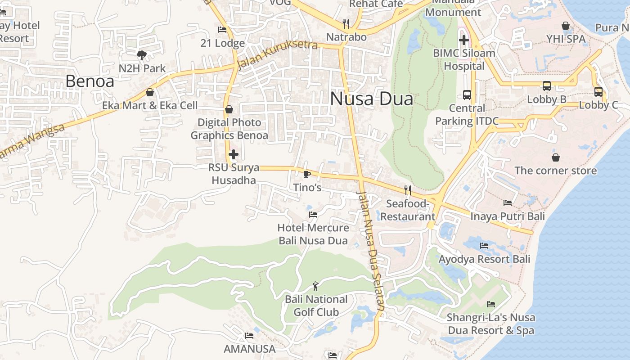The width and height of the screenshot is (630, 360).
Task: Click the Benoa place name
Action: [x=90, y=81]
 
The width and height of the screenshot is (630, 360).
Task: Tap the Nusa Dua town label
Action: [x=371, y=99]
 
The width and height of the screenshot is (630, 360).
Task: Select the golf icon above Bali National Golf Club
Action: [x=315, y=286]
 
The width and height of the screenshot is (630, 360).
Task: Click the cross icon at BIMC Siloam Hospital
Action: [x=464, y=40]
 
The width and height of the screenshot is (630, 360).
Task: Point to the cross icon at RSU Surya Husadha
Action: [x=233, y=154]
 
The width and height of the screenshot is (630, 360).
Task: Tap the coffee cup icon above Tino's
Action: [x=307, y=174]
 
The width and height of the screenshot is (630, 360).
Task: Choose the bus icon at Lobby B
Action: [x=547, y=85]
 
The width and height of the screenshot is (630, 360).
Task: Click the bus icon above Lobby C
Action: [x=598, y=91]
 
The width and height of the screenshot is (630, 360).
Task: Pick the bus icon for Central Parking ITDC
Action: [x=467, y=95]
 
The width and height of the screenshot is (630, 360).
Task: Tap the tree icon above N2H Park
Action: [x=142, y=55]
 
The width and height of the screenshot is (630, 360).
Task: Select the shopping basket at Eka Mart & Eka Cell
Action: [x=150, y=92]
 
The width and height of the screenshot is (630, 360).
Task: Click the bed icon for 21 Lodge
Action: [x=222, y=30]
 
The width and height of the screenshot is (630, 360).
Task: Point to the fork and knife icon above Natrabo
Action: [x=346, y=23]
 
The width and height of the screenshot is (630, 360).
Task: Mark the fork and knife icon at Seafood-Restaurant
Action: [x=408, y=190]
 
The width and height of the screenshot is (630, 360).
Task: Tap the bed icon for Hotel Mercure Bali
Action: [x=313, y=214]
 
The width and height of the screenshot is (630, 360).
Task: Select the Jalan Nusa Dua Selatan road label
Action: [x=371, y=250]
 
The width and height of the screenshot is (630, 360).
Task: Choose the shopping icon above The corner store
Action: [x=556, y=157]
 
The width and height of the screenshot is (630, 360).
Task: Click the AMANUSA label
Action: [x=249, y=349]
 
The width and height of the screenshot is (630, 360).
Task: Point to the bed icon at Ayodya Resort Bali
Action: [x=484, y=245]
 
